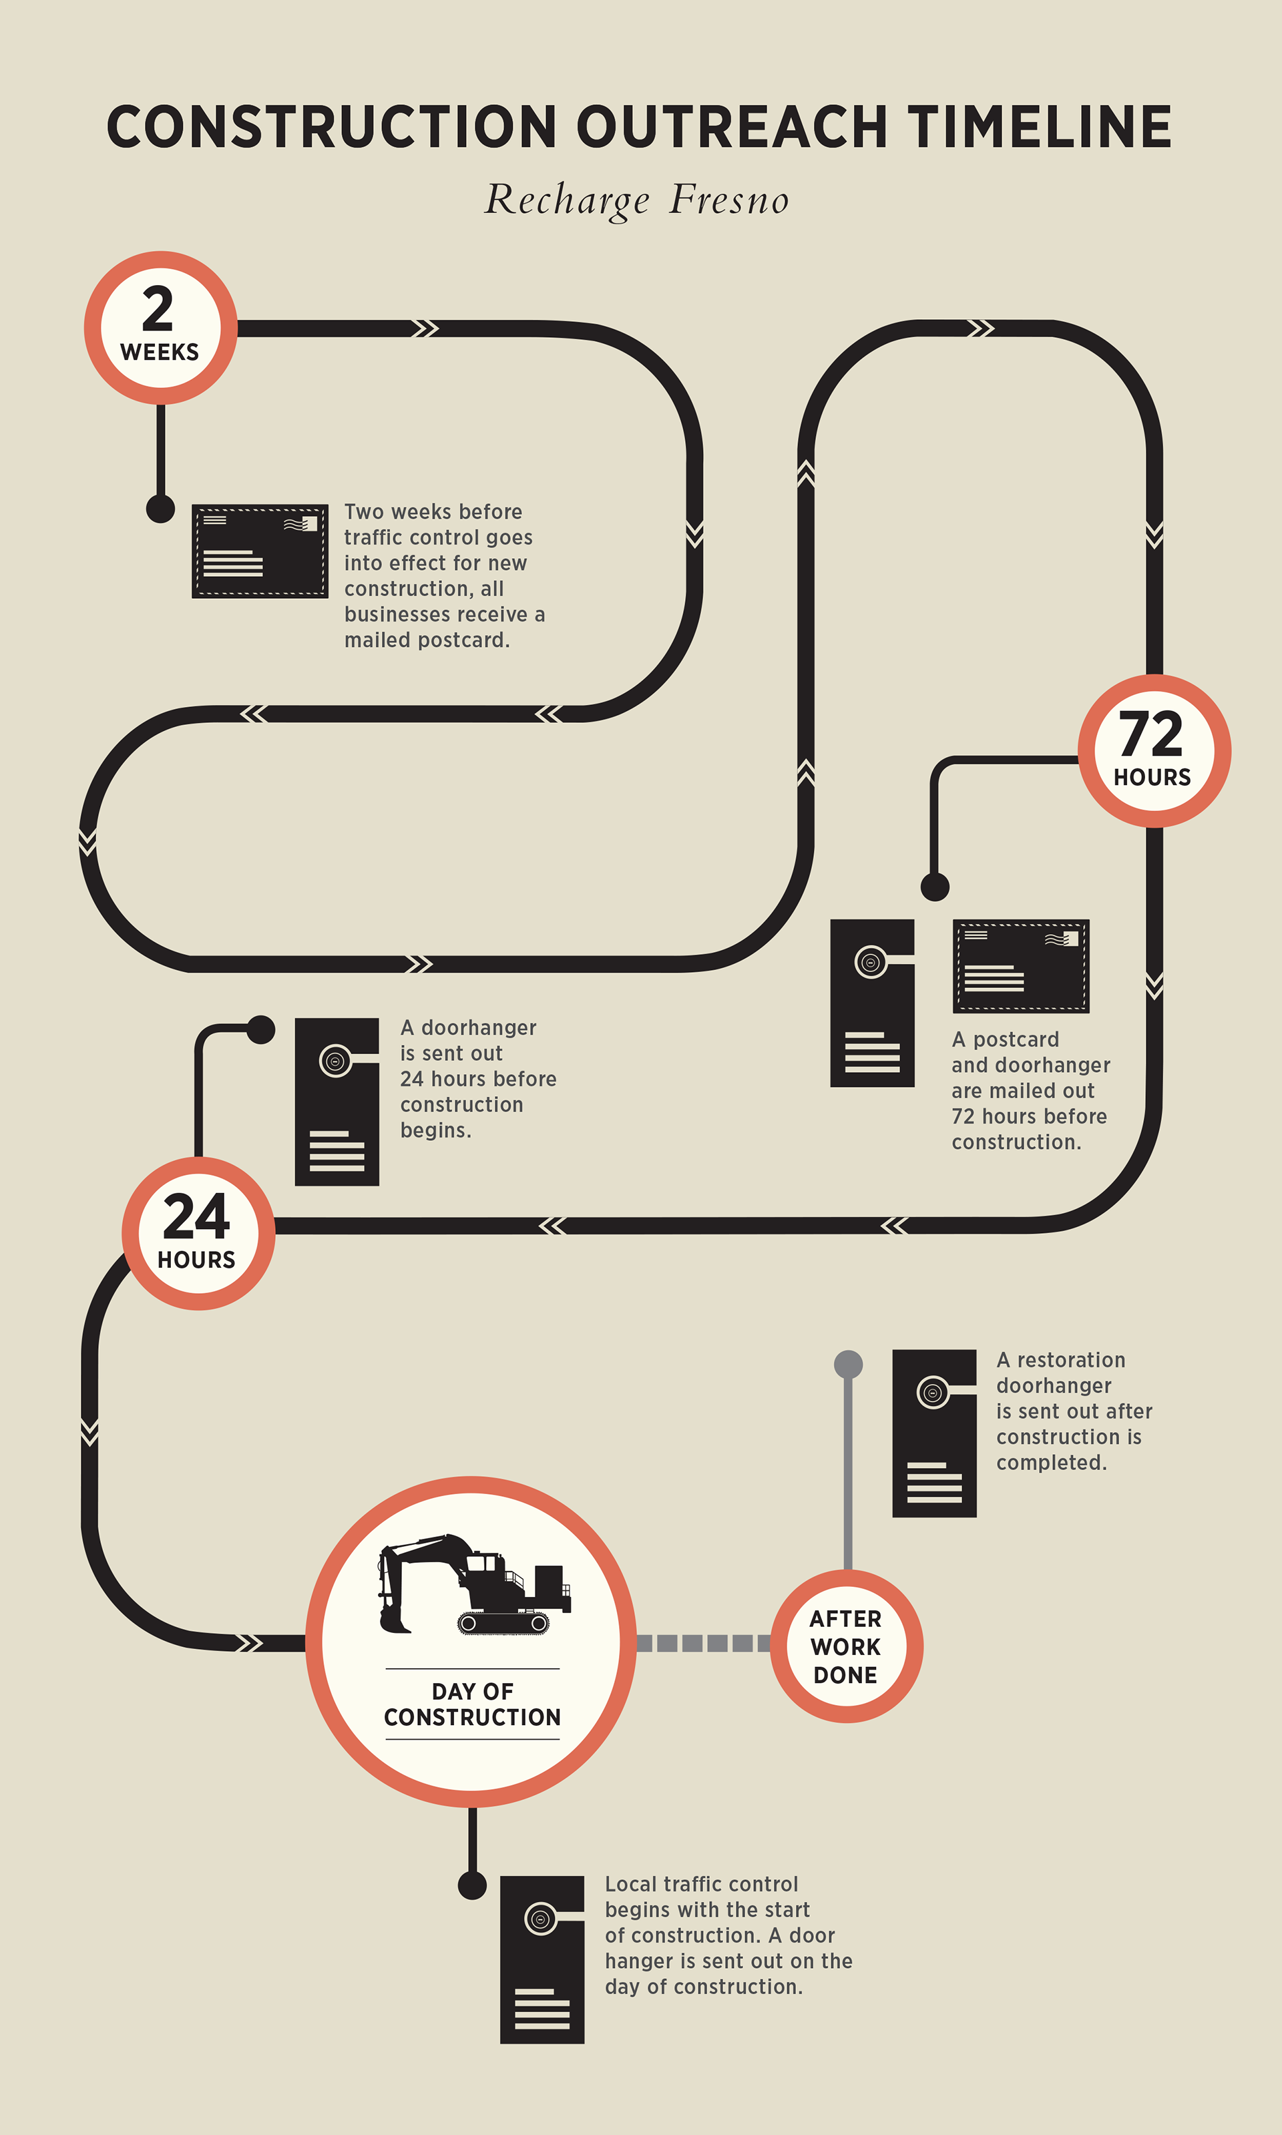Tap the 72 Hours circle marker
click(1153, 750)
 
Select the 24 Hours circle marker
click(198, 1232)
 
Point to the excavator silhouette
click(473, 1585)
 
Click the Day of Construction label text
click(473, 1703)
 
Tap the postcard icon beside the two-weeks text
click(259, 551)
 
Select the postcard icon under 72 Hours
click(1020, 965)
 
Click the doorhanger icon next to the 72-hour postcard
click(871, 1002)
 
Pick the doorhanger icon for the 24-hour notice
click(337, 1101)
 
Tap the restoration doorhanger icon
click(934, 1433)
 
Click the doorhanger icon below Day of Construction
click(542, 1959)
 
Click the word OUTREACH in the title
click(731, 127)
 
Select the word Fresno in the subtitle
click(729, 200)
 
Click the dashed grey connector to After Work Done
click(703, 1643)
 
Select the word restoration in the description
click(1070, 1361)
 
